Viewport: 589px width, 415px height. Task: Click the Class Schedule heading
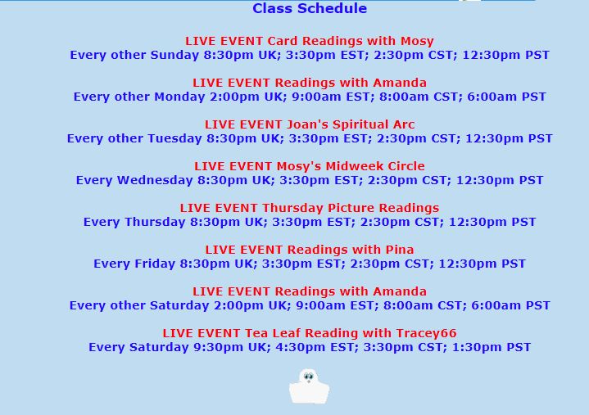coord(310,9)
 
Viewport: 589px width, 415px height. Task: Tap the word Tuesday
coord(174,138)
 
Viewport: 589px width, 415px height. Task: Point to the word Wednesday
coord(153,180)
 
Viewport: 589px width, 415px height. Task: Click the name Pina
coord(398,250)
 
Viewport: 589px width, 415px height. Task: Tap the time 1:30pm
coord(483,347)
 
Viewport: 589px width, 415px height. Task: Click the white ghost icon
coord(309,386)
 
